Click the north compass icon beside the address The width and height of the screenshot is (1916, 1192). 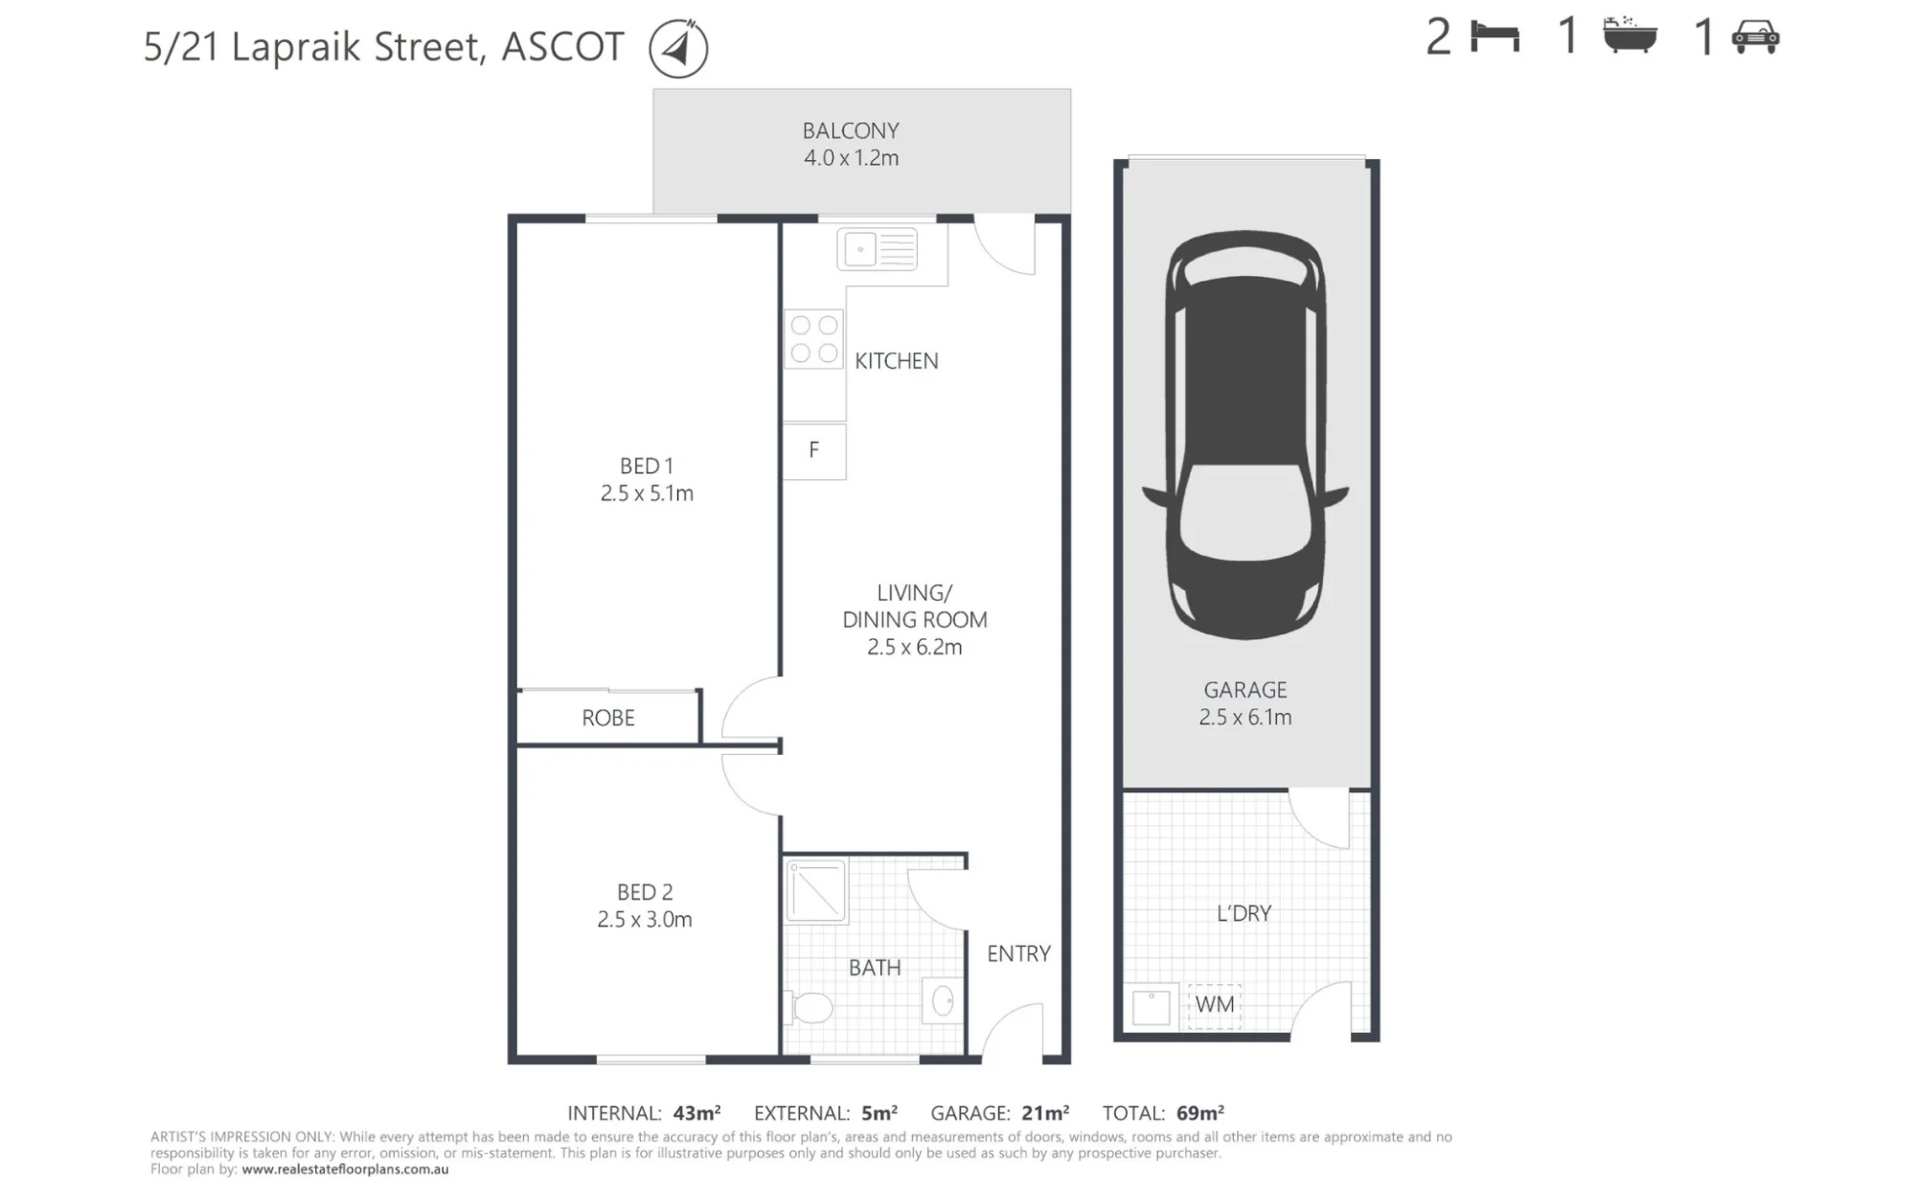tap(678, 48)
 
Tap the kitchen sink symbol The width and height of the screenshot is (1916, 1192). tap(878, 250)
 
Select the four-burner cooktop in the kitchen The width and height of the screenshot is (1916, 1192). tap(814, 339)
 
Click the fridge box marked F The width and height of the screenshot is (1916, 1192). tap(814, 450)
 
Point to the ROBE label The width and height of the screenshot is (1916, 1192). tap(608, 718)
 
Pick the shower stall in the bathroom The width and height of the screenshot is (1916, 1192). tap(816, 891)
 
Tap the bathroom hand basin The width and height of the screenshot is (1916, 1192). tap(942, 1001)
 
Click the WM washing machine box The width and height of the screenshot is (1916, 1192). tap(1215, 1006)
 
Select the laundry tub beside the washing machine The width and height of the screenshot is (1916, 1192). tap(1151, 1007)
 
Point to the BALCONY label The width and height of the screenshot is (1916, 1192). tap(851, 130)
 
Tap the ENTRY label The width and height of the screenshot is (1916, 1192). tap(1018, 953)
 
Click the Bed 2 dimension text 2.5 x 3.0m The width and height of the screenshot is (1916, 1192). tap(645, 920)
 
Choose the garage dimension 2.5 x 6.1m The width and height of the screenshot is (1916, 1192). tap(1245, 718)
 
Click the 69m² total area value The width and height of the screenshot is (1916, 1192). tap(1200, 1112)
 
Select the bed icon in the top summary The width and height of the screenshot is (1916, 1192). tap(1495, 38)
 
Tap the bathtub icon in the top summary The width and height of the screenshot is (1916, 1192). tap(1630, 35)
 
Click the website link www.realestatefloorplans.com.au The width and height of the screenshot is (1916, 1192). tap(345, 1169)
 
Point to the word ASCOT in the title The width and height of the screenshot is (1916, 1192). tap(563, 47)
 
